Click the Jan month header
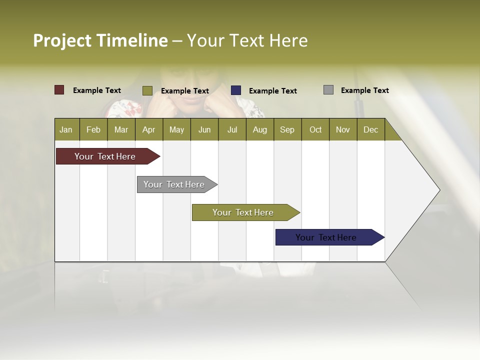click(x=66, y=129)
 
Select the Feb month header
click(x=93, y=129)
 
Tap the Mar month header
click(x=121, y=129)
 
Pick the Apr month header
click(x=149, y=129)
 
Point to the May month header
click(x=176, y=129)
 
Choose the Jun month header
click(x=204, y=129)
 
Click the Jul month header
click(x=232, y=129)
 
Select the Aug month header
click(x=260, y=129)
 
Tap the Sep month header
click(x=287, y=129)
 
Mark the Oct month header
click(x=315, y=129)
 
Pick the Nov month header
click(x=343, y=129)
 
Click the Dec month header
click(x=371, y=129)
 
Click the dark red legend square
click(x=59, y=90)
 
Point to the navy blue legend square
click(x=236, y=90)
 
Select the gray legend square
click(x=328, y=90)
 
